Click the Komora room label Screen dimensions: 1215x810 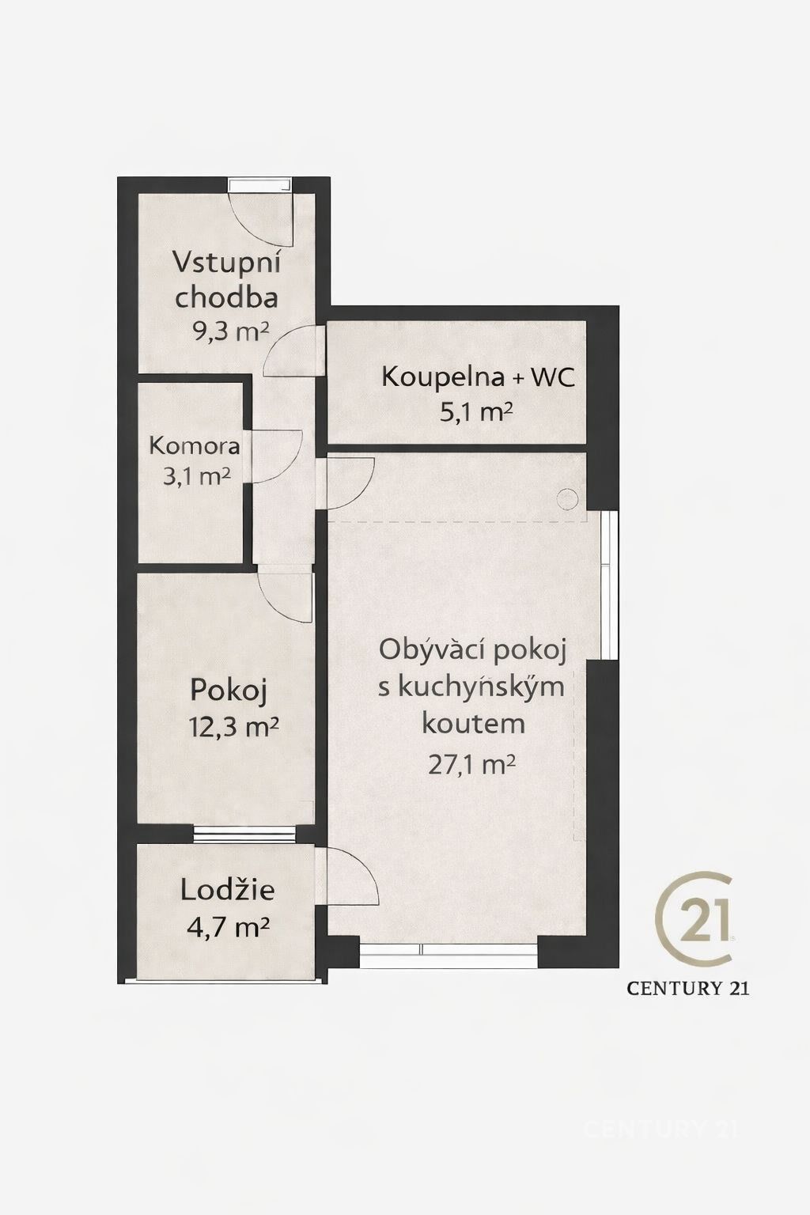pyautogui.click(x=195, y=446)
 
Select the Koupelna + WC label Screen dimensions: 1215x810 pyautogui.click(x=478, y=377)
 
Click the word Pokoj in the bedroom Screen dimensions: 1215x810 pyautogui.click(x=229, y=691)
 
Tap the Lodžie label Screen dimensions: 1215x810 pyautogui.click(x=228, y=891)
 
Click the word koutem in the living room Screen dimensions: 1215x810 pyautogui.click(x=473, y=723)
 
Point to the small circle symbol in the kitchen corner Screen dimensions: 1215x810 pyautogui.click(x=567, y=499)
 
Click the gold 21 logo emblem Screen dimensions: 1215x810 pyautogui.click(x=695, y=918)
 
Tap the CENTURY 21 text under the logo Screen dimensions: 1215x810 pyautogui.click(x=688, y=987)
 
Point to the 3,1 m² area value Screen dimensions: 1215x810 pyautogui.click(x=194, y=475)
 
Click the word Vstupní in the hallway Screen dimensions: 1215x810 pyautogui.click(x=228, y=262)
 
